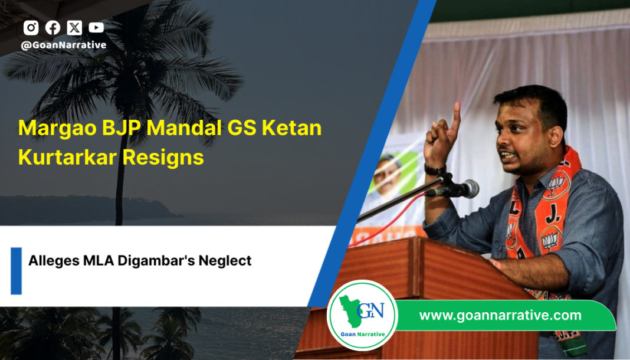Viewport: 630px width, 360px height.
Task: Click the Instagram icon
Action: [31, 28]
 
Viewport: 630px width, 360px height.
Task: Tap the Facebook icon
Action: [52, 28]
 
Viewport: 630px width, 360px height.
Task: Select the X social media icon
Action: [74, 28]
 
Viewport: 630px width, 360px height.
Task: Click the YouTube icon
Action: [96, 27]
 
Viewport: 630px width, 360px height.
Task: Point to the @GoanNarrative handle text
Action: [64, 45]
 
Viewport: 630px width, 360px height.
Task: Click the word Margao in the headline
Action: [57, 128]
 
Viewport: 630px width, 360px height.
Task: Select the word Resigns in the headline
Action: [163, 157]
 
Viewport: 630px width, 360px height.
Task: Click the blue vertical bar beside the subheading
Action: [16, 271]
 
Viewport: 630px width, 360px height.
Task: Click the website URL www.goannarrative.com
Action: [500, 315]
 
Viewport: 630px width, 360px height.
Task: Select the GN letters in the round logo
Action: [370, 310]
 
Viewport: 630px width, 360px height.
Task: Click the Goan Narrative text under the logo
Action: [362, 334]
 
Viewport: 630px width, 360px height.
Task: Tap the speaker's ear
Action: [556, 136]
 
